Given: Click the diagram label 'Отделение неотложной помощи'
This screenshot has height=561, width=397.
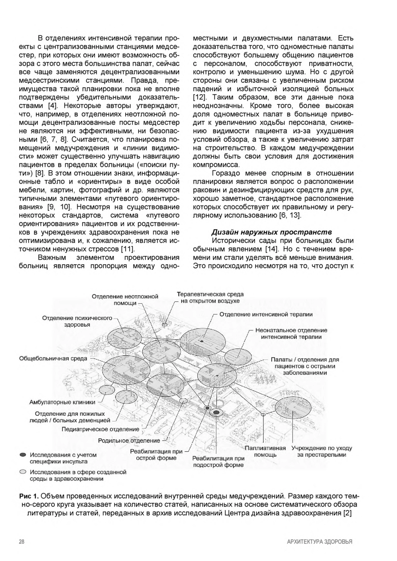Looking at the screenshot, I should click(x=125, y=300).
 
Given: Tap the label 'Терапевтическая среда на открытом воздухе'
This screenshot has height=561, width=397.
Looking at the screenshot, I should click(x=210, y=297).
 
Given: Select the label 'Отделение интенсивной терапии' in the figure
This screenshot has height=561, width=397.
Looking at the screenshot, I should click(x=266, y=314).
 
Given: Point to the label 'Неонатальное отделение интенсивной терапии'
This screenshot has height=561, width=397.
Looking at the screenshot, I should click(x=291, y=333).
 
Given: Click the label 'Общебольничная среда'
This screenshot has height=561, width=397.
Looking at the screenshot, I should click(x=53, y=359).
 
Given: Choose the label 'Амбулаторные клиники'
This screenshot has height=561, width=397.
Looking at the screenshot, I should click(x=62, y=402).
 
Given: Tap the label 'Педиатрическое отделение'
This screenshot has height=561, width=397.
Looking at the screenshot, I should click(x=101, y=429).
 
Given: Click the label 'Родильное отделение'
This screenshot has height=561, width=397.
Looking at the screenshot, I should click(x=129, y=441).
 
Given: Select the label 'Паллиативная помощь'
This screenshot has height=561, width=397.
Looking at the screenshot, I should click(x=265, y=452).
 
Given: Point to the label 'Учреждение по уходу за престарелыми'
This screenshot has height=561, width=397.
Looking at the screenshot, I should click(x=322, y=452).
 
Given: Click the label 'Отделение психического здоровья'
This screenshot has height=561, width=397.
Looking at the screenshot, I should click(x=77, y=321).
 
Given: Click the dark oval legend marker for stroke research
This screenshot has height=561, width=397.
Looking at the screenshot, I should click(x=22, y=455).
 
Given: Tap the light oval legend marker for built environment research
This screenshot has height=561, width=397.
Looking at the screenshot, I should click(x=22, y=472).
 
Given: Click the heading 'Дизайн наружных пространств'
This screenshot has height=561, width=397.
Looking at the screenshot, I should click(x=272, y=232).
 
